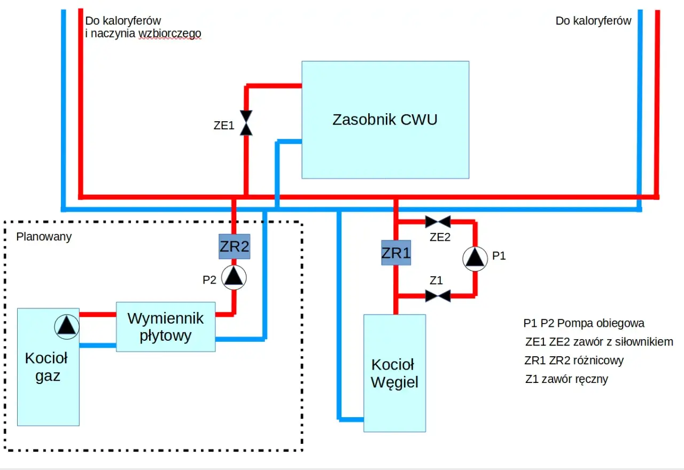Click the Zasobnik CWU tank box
point(385,120)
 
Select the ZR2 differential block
point(234,247)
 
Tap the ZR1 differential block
point(396,253)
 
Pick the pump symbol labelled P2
point(234,277)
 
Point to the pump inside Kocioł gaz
point(67,325)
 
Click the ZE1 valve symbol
point(246,123)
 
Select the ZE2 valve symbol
point(438,222)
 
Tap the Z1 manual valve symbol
point(438,295)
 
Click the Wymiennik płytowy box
point(166,327)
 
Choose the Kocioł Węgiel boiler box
point(394,373)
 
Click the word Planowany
point(44,237)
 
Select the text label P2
point(209,279)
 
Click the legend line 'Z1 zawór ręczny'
point(566,380)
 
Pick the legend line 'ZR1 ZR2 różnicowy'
point(574,361)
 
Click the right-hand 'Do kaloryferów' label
point(593,21)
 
